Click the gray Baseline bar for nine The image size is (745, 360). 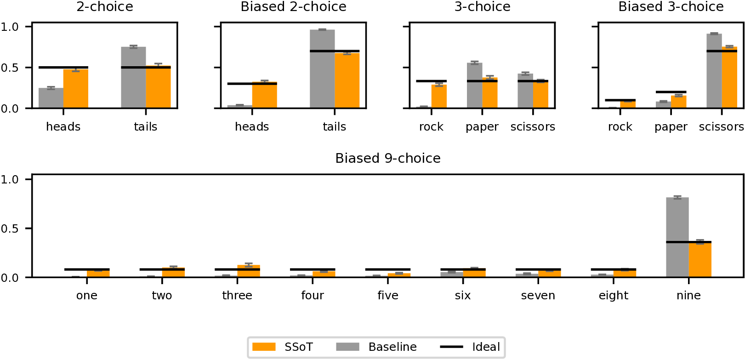[x=677, y=237]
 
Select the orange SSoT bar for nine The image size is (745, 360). [x=700, y=260]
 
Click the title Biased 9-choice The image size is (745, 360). [x=387, y=158]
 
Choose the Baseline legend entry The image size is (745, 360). [x=376, y=347]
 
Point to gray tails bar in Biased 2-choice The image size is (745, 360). [x=322, y=69]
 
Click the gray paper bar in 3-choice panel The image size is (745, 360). [x=474, y=86]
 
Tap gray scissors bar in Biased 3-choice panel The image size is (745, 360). [x=714, y=71]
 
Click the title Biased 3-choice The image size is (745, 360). [x=671, y=7]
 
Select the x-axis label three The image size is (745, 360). [x=237, y=296]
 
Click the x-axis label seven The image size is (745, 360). [x=538, y=296]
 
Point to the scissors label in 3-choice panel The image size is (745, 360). [x=533, y=127]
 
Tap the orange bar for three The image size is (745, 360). [x=249, y=271]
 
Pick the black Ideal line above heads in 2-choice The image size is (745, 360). [x=63, y=68]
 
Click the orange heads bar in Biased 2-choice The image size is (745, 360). [x=264, y=95]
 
